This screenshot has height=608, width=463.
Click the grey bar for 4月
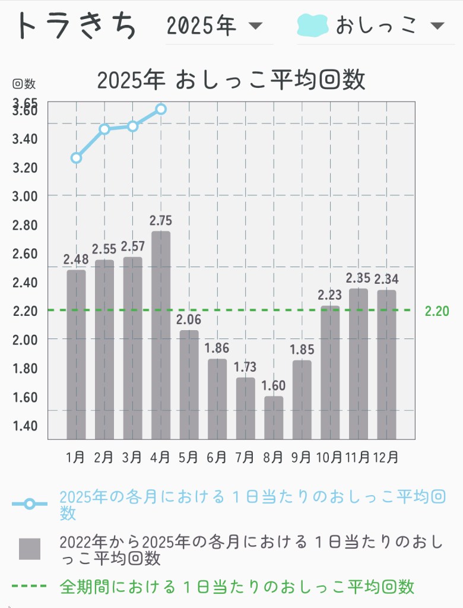161,335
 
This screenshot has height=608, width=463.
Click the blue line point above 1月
76,157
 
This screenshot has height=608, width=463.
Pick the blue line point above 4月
161,109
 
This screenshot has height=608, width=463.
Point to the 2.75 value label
161,221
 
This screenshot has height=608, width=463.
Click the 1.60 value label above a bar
274,386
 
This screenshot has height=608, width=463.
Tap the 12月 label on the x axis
386,457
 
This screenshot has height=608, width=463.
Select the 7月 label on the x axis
245,457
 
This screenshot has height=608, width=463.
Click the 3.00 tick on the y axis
25,196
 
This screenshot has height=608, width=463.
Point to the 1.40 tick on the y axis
25,425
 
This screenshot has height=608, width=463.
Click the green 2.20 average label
437,311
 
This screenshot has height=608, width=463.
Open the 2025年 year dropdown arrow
255,26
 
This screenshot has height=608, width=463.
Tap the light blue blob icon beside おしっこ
313,26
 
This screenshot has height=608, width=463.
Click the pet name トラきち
76,26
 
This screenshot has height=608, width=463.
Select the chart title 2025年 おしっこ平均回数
231,80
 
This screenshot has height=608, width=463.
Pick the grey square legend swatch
30,549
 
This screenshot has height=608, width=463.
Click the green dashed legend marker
30,587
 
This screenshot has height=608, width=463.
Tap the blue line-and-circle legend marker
30,504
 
